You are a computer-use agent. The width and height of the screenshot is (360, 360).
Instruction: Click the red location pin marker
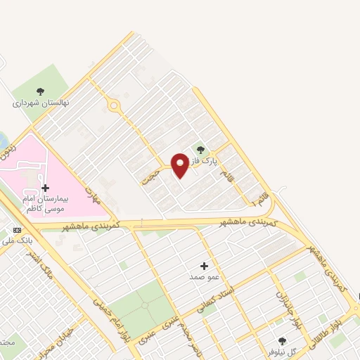point(179,165)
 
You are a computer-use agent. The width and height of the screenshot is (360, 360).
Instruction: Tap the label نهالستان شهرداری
point(40,103)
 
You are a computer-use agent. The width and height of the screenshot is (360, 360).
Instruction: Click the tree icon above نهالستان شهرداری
point(40,91)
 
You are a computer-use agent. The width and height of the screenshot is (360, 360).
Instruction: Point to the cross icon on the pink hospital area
point(46,188)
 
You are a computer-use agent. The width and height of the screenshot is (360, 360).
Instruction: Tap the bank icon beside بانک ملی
point(17,230)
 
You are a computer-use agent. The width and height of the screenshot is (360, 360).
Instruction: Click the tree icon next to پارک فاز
point(201,149)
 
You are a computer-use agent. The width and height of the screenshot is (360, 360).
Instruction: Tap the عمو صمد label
point(205,278)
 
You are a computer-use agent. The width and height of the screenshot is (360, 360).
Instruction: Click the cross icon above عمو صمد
point(205,266)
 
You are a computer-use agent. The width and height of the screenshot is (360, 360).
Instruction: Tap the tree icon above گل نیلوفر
point(282,340)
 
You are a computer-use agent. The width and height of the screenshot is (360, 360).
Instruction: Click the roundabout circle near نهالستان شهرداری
point(114,105)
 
